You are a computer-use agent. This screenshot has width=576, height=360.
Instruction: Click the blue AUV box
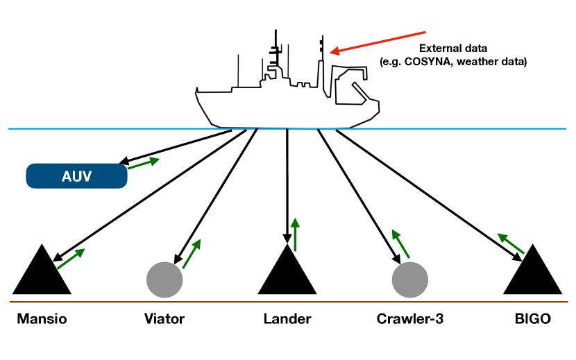(x=76, y=176)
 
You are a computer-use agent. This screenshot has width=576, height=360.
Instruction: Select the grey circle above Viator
(x=164, y=280)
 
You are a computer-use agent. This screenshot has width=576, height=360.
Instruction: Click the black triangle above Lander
(x=287, y=275)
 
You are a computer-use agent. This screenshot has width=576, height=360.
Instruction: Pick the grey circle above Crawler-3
(x=410, y=280)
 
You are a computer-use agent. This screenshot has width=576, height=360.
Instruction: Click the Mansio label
(x=42, y=319)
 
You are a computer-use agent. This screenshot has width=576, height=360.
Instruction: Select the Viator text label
(x=164, y=319)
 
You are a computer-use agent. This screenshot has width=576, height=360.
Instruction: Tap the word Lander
(x=287, y=319)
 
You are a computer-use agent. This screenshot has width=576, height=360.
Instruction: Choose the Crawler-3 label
(x=409, y=319)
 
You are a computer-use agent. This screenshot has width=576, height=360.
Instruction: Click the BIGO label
(x=532, y=319)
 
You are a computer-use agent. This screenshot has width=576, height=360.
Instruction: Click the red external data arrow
(x=378, y=41)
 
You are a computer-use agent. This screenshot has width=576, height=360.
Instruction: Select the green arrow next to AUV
(x=143, y=164)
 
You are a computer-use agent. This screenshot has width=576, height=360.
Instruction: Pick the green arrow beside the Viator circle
(x=192, y=253)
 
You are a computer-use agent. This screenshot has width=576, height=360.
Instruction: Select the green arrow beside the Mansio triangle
(x=71, y=258)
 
